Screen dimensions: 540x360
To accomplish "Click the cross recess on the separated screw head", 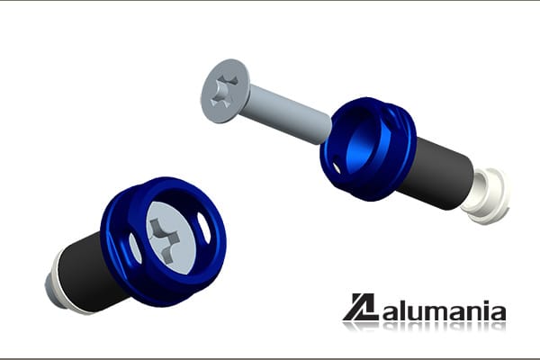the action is tap(224, 90).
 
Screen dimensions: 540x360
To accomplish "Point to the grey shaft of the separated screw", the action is tap(289, 113).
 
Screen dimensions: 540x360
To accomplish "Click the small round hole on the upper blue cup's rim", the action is tap(337, 167).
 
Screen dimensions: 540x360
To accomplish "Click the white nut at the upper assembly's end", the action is tap(486, 195).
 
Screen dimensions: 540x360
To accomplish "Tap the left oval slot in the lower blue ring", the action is tap(135, 248).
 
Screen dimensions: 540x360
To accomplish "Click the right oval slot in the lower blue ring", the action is tap(204, 228).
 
